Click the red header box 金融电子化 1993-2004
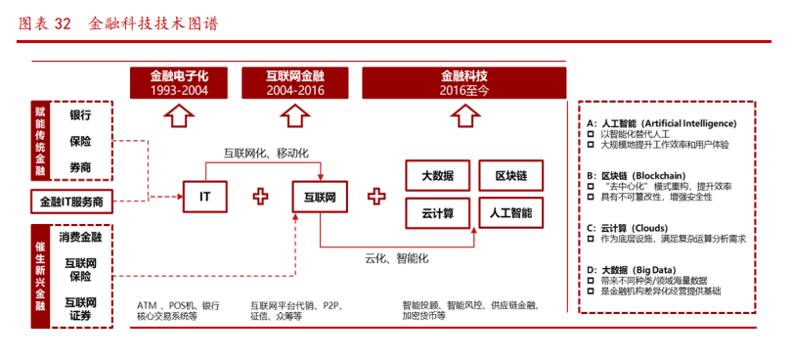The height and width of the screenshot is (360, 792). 179,82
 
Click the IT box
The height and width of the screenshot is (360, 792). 205,197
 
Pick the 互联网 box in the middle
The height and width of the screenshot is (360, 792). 320,197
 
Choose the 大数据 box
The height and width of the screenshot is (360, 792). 437,176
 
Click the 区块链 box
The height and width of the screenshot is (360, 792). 510,176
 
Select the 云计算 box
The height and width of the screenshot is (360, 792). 437,212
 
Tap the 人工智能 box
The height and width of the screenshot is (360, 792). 510,212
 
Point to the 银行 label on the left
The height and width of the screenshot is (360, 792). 80,114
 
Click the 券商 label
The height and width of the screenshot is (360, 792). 80,168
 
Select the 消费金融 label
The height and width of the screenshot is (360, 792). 80,237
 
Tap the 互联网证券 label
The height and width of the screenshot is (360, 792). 80,308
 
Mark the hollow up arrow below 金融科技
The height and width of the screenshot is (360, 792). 465,116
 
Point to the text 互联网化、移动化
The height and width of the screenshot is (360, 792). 266,153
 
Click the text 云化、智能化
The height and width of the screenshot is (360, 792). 397,258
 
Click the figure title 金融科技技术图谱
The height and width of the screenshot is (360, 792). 152,23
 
